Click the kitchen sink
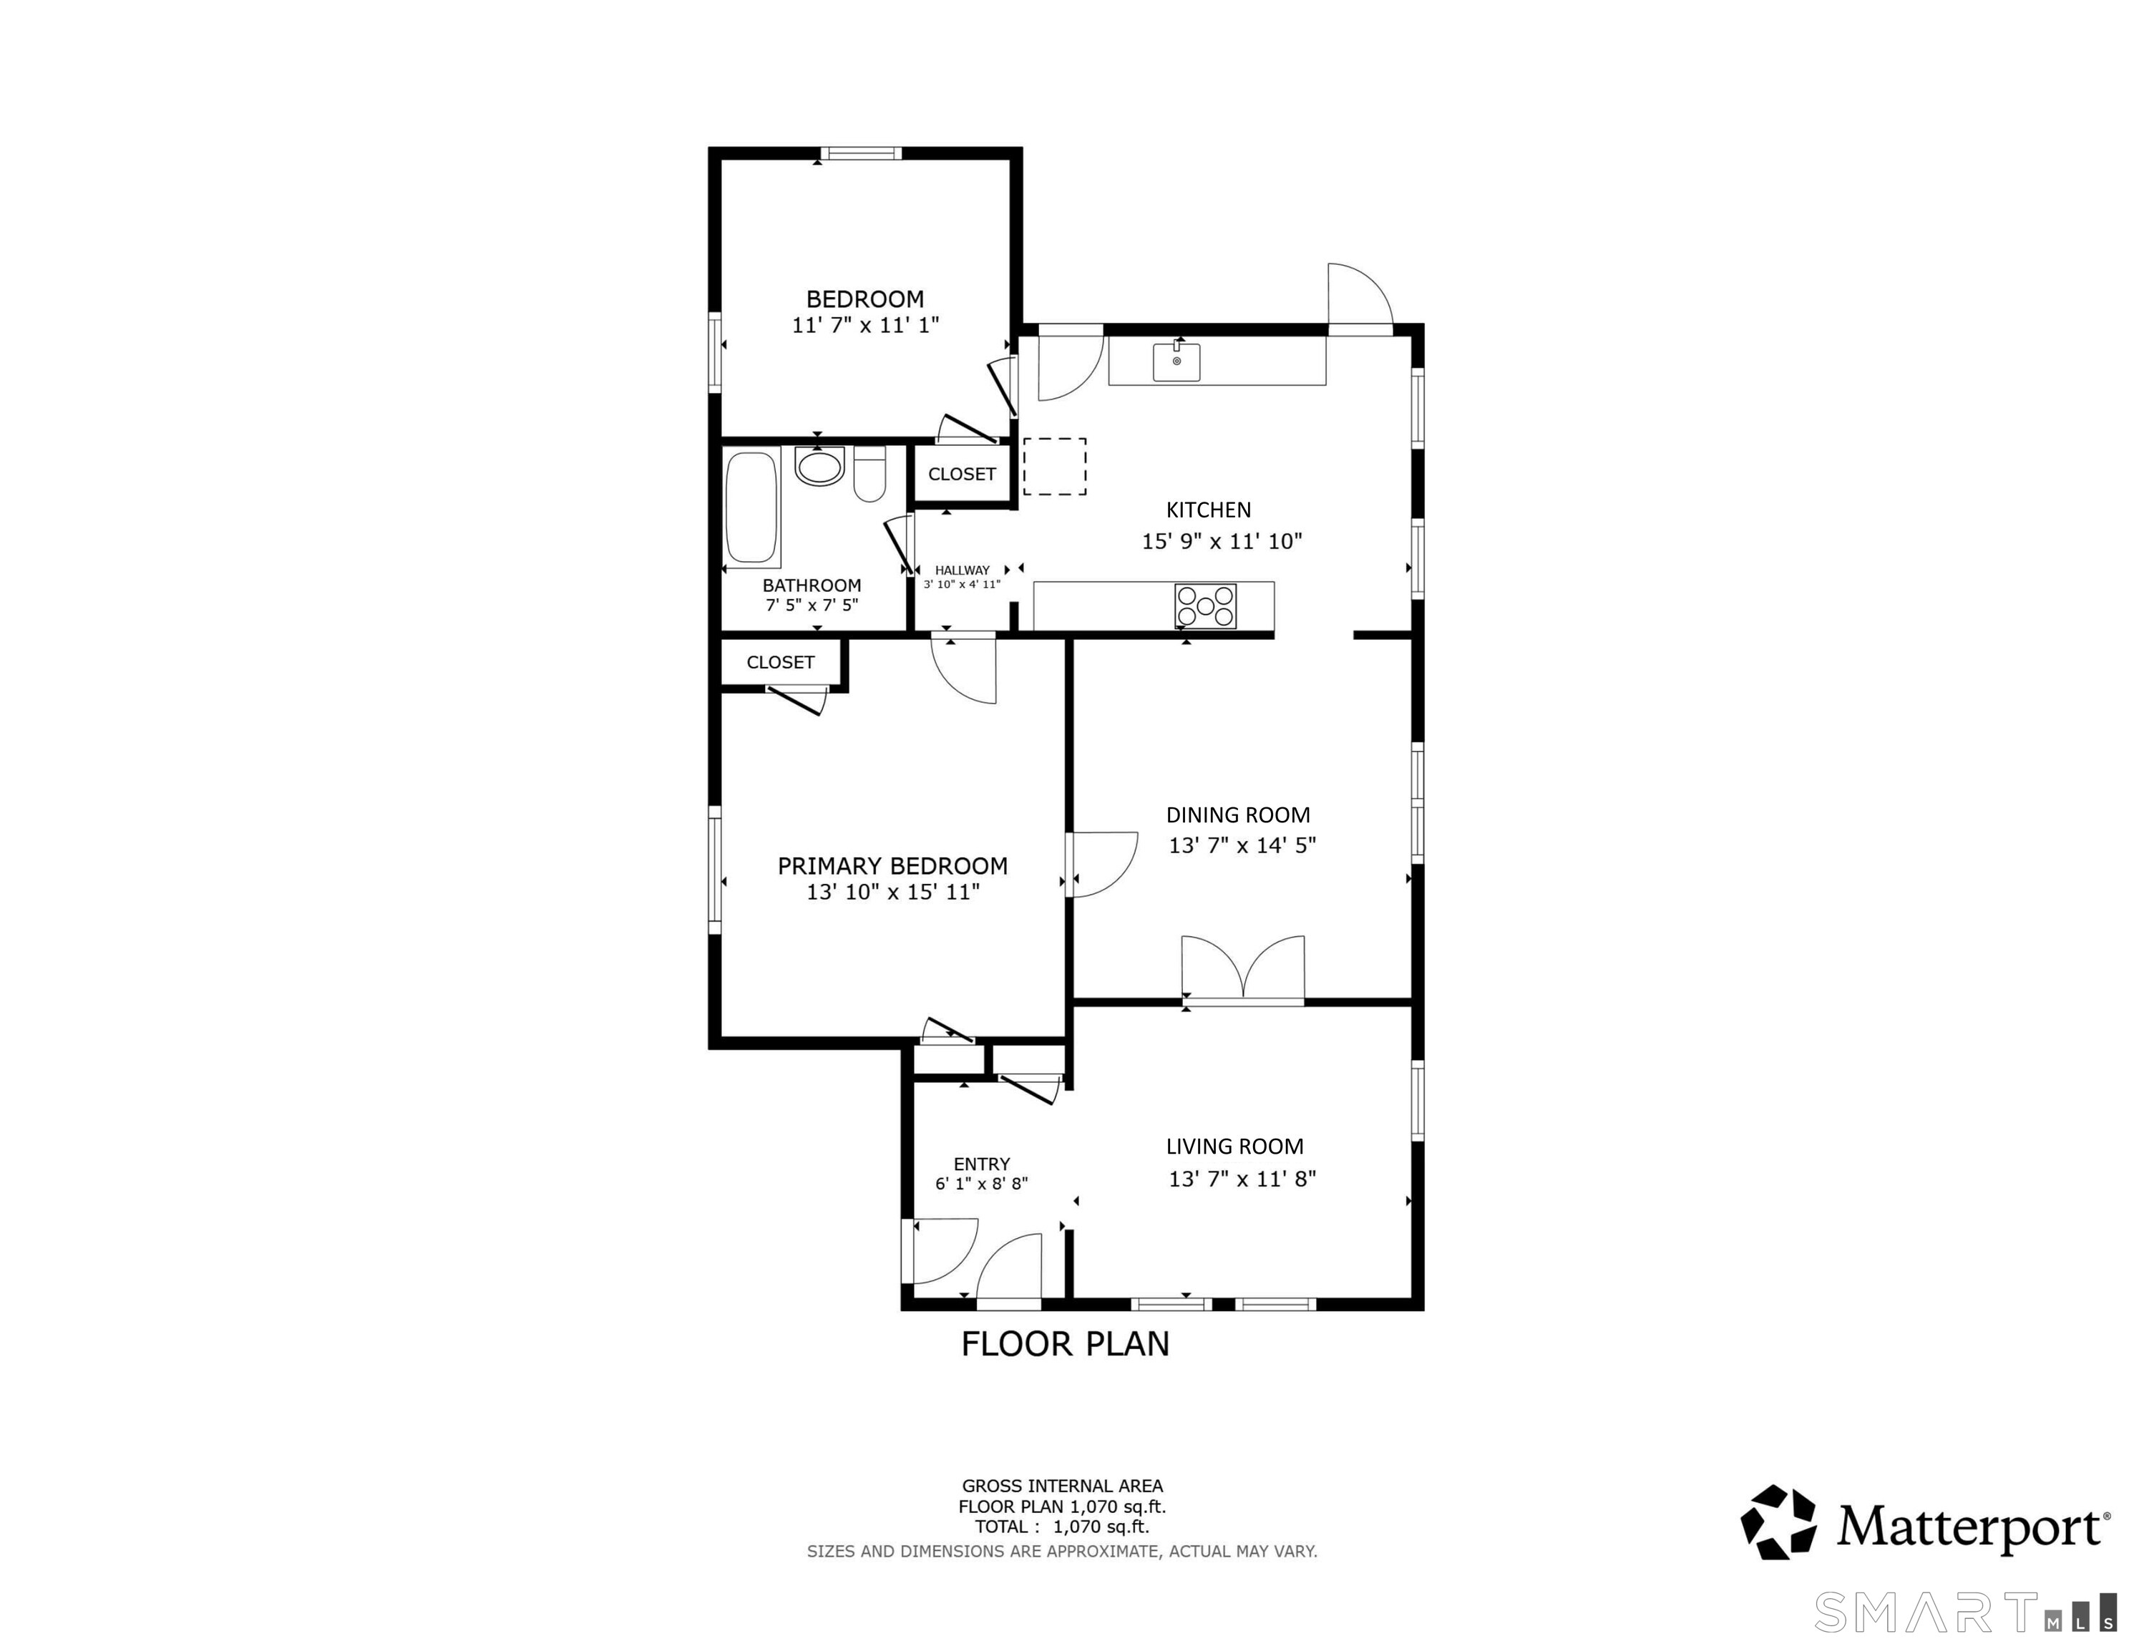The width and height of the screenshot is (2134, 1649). pos(1176,361)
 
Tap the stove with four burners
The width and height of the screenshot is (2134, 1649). pos(1206,606)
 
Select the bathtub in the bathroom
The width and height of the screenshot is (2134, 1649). pos(752,508)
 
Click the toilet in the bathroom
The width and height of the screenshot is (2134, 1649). pos(869,474)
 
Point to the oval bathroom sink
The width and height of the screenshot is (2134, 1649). pos(819,466)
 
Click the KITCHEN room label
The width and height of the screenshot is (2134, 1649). pos(1209,510)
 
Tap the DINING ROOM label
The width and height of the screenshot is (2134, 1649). pos(1238,815)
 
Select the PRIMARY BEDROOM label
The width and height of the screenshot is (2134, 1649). pos(892,866)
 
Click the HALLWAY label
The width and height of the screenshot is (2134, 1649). pos(963,570)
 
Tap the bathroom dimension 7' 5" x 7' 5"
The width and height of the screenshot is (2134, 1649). pos(812,605)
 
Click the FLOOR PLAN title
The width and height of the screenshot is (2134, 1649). pos(1065,1344)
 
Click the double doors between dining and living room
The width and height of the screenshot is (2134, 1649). pos(1243,970)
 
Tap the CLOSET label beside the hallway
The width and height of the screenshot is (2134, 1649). pos(962,474)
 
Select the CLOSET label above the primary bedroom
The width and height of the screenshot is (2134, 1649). pos(780,663)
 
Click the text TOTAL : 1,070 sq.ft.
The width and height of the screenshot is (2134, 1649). pos(1062,1527)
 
